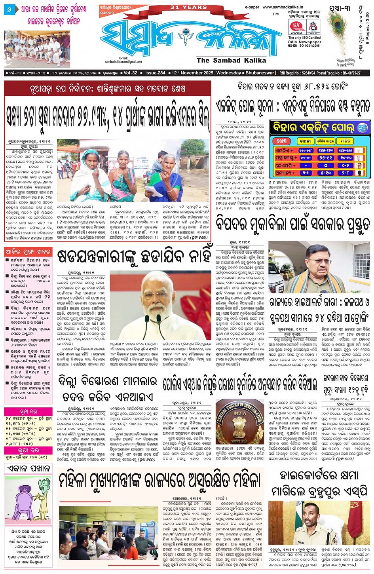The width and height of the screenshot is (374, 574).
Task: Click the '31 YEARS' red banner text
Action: tap(188, 7)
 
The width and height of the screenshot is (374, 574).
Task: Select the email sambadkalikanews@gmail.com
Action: tap(123, 62)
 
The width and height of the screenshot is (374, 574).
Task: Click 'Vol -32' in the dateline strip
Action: tap(130, 73)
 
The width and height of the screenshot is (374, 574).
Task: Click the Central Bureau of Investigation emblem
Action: tap(240, 421)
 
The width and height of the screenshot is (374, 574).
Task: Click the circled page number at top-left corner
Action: tap(9, 8)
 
